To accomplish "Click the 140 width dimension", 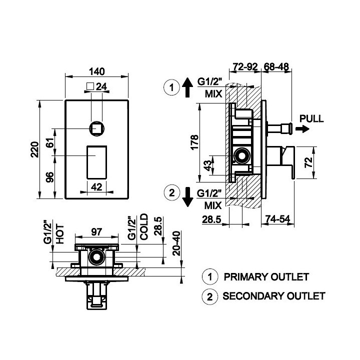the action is point(96,71).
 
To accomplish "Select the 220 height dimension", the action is point(34,149).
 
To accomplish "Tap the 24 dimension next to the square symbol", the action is point(101,87).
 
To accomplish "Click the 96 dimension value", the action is point(50,177).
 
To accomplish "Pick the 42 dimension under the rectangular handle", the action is point(96,187).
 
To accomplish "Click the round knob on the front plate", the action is point(97,129).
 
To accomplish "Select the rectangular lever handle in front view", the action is point(96,162).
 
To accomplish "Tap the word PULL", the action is point(311,118).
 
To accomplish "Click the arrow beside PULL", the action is point(302,129).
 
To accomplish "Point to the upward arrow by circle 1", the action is point(187,87).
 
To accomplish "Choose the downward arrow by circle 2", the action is point(188,197).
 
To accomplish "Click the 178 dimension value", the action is point(194,142).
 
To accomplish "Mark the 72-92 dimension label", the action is point(245,67).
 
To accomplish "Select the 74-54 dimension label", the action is point(278,219).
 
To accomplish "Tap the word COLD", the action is point(144,227).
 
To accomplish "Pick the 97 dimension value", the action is point(96,232).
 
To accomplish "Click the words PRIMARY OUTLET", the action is point(266,277).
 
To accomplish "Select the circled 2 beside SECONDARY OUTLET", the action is point(210,296).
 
